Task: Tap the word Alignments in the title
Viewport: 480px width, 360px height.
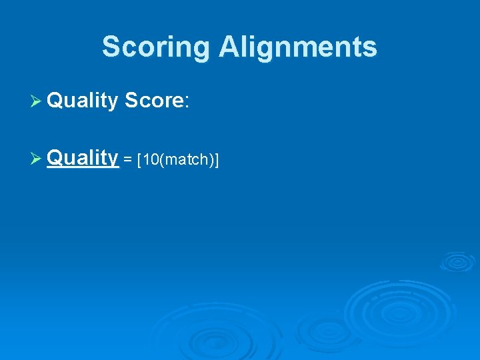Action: point(297,47)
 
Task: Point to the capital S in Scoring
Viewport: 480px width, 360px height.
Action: point(111,47)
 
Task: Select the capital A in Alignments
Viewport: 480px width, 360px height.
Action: point(228,47)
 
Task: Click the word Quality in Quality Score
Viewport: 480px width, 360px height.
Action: point(83,101)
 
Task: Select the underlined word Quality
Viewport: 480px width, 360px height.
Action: point(83,158)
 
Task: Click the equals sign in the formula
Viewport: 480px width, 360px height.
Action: point(127,160)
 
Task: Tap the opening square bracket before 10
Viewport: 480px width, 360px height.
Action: point(138,160)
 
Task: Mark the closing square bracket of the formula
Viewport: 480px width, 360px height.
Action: point(217,160)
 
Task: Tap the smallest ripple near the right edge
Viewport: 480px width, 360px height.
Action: point(457,261)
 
